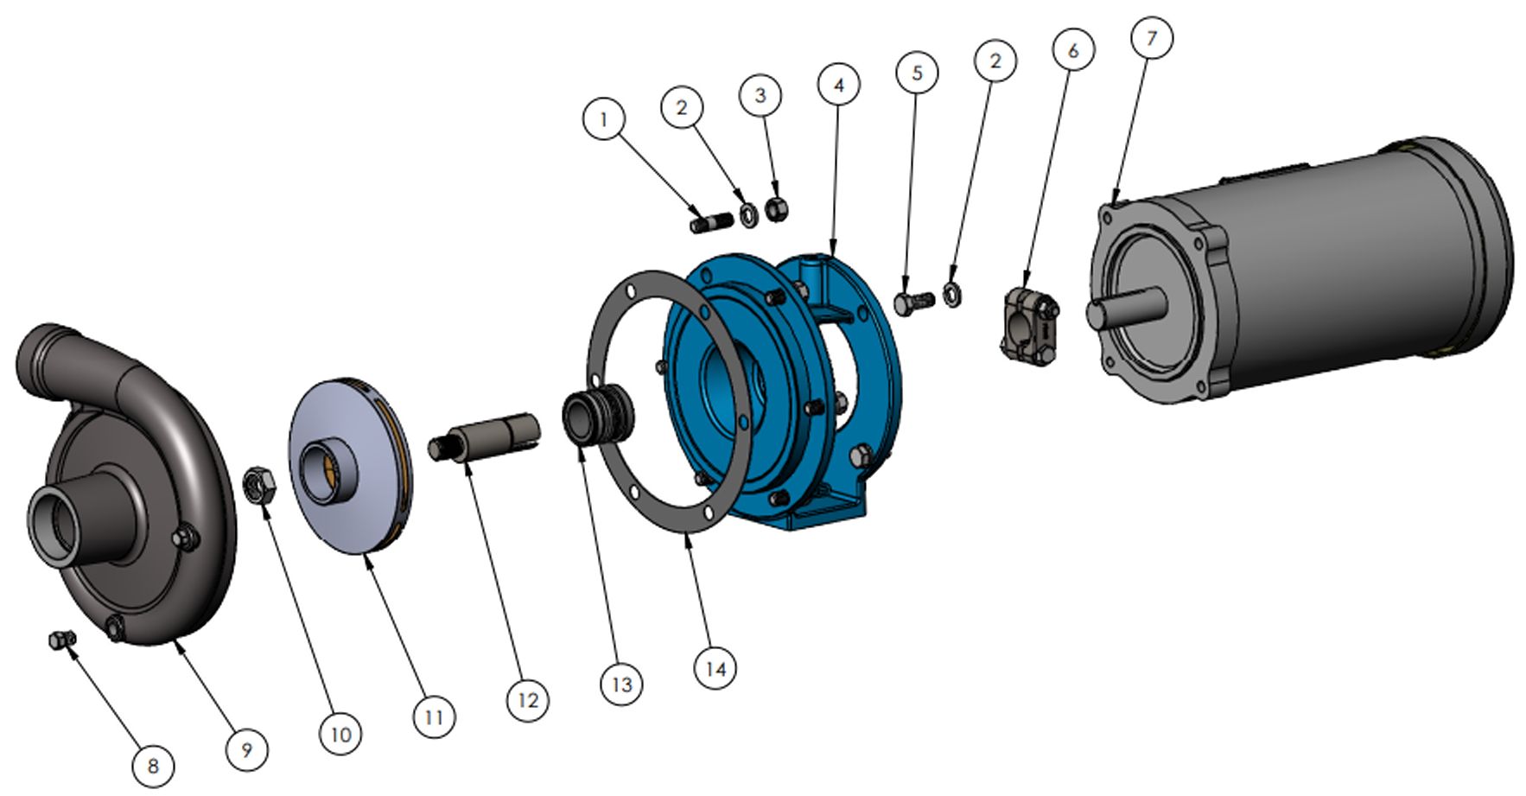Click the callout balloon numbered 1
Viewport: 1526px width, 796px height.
(604, 119)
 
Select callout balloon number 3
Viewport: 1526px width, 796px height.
(760, 95)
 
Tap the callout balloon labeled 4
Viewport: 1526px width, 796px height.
(838, 85)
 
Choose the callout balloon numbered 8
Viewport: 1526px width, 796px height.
(153, 766)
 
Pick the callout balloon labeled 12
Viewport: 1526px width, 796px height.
(527, 700)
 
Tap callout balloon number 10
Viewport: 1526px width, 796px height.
(340, 734)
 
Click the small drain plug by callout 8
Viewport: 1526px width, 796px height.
(61, 640)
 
